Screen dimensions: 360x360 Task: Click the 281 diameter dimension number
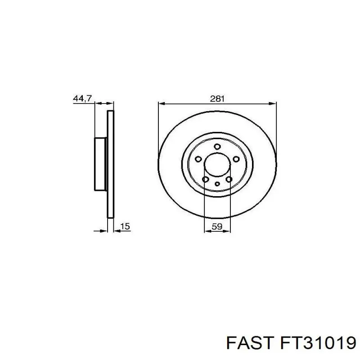(x=217, y=99)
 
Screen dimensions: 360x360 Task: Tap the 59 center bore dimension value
(x=217, y=227)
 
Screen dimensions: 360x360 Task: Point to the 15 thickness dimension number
(x=126, y=227)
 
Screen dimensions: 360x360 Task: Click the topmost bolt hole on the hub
(x=217, y=147)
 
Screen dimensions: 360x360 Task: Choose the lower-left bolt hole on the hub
(x=205, y=180)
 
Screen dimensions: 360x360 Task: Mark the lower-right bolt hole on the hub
(x=229, y=180)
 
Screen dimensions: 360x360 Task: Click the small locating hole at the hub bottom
(x=217, y=184)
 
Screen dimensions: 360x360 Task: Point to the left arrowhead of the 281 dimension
(x=161, y=103)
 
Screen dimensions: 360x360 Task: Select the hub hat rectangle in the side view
(x=100, y=164)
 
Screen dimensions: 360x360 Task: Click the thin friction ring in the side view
(x=111, y=164)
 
